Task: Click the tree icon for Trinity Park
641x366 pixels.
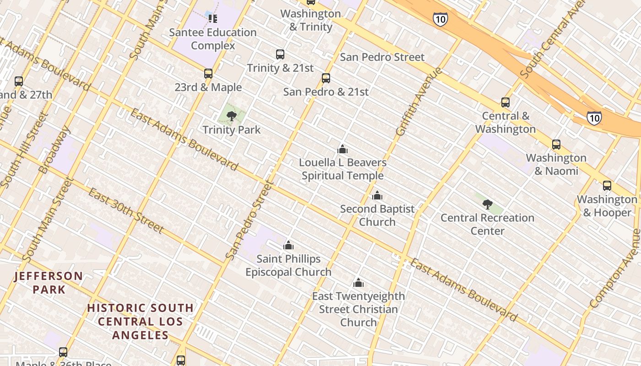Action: (232, 116)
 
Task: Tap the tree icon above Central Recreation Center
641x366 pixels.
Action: (488, 204)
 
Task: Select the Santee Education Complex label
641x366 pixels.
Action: (213, 39)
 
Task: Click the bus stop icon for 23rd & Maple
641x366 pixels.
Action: (208, 74)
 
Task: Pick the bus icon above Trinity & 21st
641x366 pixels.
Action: (280, 54)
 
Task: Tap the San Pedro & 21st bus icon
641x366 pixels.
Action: (326, 78)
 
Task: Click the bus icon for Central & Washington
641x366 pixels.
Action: (505, 102)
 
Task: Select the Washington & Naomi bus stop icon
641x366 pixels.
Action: (556, 145)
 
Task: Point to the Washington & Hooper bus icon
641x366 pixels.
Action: (607, 186)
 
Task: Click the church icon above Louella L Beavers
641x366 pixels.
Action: (342, 149)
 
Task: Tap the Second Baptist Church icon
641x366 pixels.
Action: (377, 195)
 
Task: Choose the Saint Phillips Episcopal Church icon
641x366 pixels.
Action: (288, 245)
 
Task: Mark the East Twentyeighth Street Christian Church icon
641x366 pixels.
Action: (359, 283)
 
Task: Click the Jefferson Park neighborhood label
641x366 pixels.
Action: (49, 283)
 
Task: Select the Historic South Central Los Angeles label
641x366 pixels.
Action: (141, 321)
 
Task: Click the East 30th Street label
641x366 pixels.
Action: (125, 210)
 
